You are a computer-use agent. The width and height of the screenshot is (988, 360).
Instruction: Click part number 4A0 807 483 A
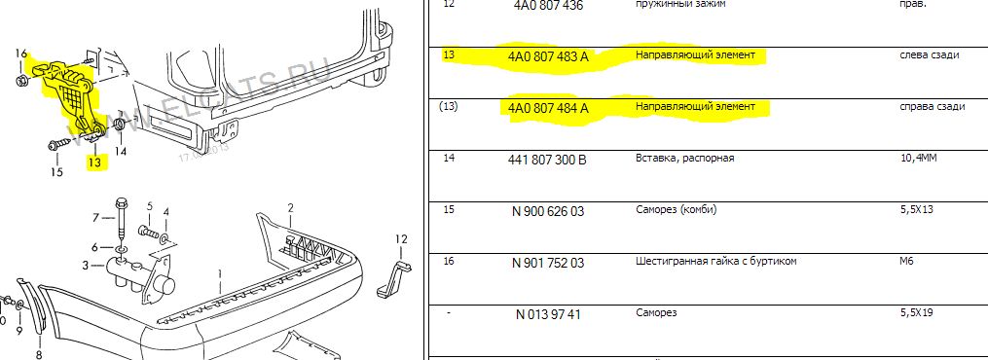[548, 56]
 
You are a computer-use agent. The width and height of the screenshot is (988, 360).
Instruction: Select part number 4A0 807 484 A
[548, 108]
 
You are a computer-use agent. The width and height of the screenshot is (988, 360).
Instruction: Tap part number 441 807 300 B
[547, 160]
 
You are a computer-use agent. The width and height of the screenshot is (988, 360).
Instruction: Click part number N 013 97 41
[547, 314]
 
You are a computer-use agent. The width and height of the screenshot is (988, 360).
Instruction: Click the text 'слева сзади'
[930, 55]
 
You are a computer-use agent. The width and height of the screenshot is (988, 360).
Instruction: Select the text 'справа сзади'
[933, 106]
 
